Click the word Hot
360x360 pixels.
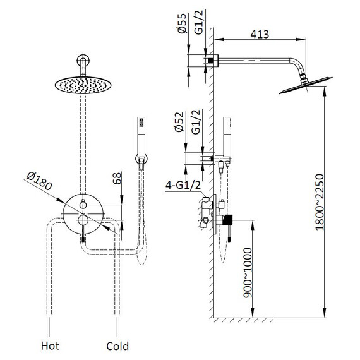(50, 345)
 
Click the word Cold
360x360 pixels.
(117, 345)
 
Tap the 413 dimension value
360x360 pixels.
(260, 35)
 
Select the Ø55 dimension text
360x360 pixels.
(183, 23)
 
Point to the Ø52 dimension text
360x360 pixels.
(179, 122)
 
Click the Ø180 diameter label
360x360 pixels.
(39, 181)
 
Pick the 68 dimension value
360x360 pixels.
(117, 178)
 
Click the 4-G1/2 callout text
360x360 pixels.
(183, 185)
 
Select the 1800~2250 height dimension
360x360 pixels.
(320, 202)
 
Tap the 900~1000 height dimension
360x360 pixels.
(248, 273)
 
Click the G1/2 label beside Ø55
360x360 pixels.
(199, 22)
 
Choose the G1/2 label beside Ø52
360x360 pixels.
(196, 122)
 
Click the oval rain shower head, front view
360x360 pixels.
(83, 85)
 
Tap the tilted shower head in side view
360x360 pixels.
(306, 85)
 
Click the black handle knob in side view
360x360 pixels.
(227, 220)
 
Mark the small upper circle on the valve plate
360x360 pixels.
(83, 205)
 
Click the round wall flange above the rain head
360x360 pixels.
(83, 61)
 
